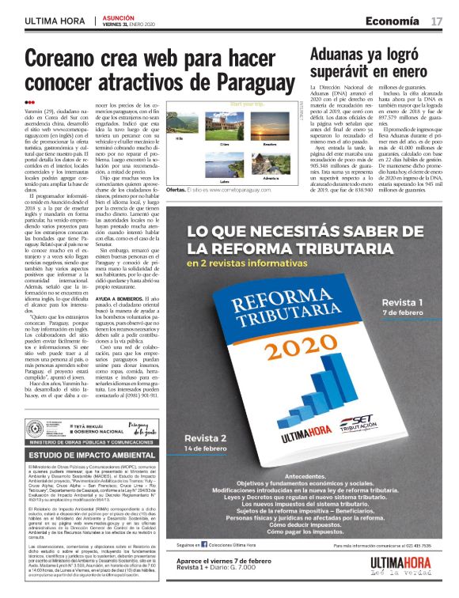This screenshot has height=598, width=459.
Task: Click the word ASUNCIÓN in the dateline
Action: (120, 16)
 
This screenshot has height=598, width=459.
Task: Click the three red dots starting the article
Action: (29, 102)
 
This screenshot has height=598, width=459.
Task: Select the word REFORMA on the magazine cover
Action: (256, 301)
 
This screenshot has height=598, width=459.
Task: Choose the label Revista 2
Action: (206, 437)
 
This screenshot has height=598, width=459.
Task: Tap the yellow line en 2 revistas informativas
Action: (263, 261)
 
